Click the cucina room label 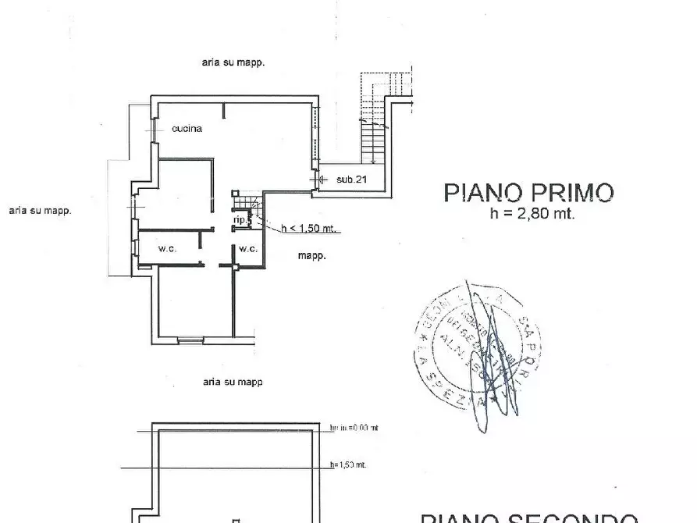[187, 129]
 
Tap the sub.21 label [352, 180]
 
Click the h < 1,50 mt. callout [308, 229]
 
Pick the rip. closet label [240, 221]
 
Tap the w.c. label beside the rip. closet [248, 249]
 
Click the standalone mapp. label [311, 255]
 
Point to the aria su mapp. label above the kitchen [233, 62]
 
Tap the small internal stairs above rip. [246, 202]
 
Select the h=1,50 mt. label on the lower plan [348, 464]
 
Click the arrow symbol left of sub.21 [315, 180]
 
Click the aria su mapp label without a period [232, 382]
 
